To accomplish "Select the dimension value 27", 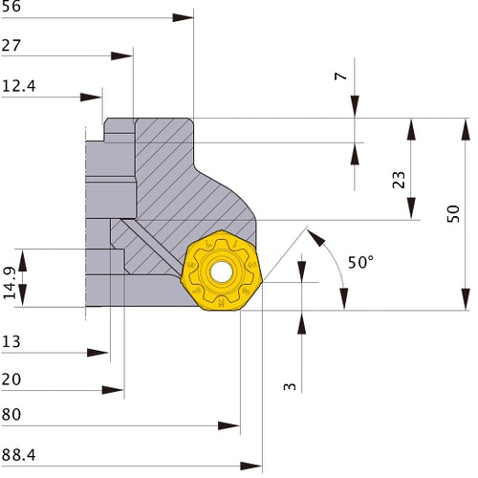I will (x=13, y=45).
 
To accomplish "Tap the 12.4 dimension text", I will (x=19, y=85).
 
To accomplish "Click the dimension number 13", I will (x=12, y=341).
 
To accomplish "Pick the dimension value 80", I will (x=13, y=415).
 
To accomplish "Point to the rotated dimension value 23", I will (x=399, y=179).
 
